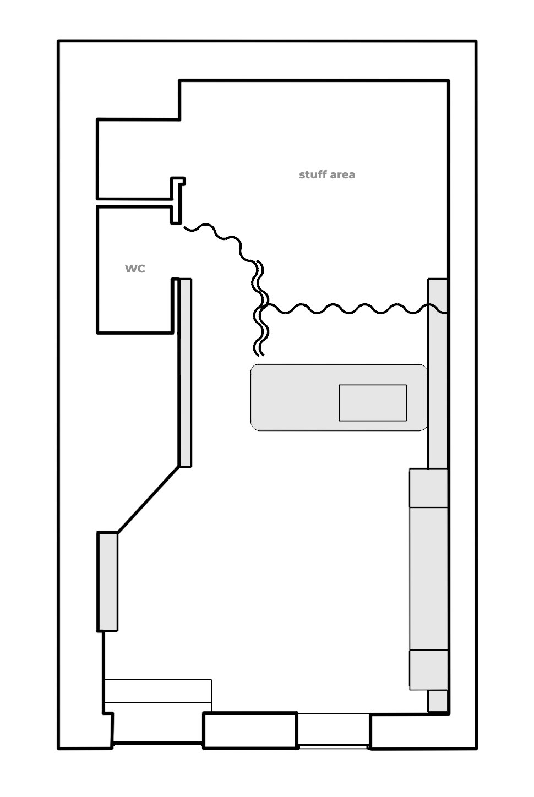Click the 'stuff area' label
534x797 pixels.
tap(327, 174)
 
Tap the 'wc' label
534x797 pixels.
tap(135, 269)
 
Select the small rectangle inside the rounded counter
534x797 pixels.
tap(373, 403)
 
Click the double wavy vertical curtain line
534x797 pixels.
tap(261, 308)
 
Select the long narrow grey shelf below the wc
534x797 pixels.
tap(185, 373)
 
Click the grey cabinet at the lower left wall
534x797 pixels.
tap(107, 582)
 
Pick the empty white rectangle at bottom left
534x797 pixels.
tap(159, 691)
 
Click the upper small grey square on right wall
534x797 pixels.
tap(428, 488)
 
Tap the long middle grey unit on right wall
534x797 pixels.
tap(428, 579)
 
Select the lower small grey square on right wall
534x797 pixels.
tap(428, 670)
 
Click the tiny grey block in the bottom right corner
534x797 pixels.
tap(438, 701)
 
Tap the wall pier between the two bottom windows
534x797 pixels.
tap(250, 730)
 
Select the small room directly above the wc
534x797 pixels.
tap(138, 159)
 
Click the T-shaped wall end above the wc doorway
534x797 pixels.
tap(177, 200)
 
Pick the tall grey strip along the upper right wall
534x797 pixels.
tap(438, 373)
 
